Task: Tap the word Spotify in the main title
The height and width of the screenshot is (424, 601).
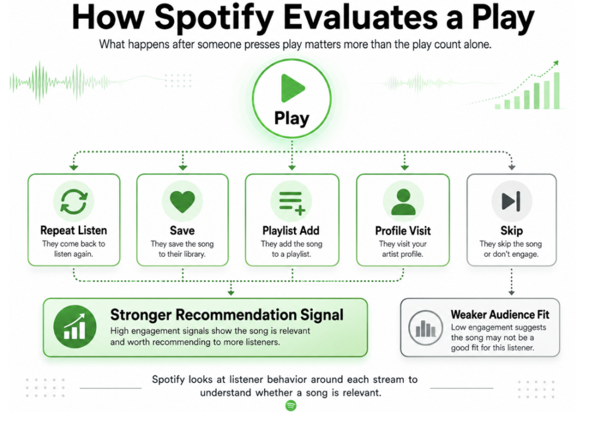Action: (214, 18)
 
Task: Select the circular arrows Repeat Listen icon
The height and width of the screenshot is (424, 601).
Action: (74, 202)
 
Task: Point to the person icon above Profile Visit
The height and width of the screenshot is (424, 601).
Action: (403, 202)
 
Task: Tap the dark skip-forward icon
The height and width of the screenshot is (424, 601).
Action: (511, 201)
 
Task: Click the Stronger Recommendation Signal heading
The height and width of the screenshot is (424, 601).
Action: (227, 315)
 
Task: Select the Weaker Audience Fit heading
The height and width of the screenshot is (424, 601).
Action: (500, 314)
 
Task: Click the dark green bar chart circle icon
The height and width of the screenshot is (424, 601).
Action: (75, 327)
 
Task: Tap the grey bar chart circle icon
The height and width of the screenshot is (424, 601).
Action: (426, 328)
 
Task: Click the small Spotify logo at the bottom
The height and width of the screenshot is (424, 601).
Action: (291, 405)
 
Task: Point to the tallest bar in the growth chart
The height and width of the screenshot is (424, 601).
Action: (556, 90)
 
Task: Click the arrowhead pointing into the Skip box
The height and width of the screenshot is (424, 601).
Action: (512, 167)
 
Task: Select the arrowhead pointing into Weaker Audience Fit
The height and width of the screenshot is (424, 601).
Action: (511, 293)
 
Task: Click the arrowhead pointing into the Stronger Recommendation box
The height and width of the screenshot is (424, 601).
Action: (231, 293)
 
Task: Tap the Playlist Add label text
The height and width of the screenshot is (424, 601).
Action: (291, 230)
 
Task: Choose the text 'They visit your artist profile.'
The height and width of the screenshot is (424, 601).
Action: (403, 249)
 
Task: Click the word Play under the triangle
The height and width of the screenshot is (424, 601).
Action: (292, 118)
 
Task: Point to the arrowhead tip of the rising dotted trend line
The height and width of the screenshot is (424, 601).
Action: (558, 61)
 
